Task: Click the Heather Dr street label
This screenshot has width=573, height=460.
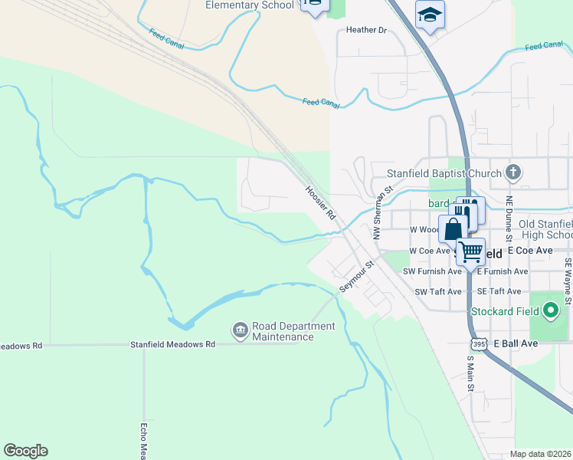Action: click(x=367, y=30)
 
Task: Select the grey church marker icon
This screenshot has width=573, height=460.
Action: click(x=514, y=173)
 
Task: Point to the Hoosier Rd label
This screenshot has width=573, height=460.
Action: click(x=320, y=204)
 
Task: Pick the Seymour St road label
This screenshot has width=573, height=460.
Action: click(x=356, y=276)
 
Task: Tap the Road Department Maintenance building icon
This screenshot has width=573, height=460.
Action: click(x=240, y=330)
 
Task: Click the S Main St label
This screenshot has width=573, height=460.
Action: click(x=470, y=376)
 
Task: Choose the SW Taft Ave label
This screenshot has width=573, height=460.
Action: click(x=438, y=292)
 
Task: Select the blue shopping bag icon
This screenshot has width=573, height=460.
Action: click(x=453, y=228)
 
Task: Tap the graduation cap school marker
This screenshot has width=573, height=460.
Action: click(x=430, y=14)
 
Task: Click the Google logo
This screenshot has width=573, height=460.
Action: click(x=25, y=451)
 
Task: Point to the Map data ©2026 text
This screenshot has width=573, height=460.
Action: click(x=541, y=454)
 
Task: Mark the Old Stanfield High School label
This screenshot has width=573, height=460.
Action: click(x=545, y=229)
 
